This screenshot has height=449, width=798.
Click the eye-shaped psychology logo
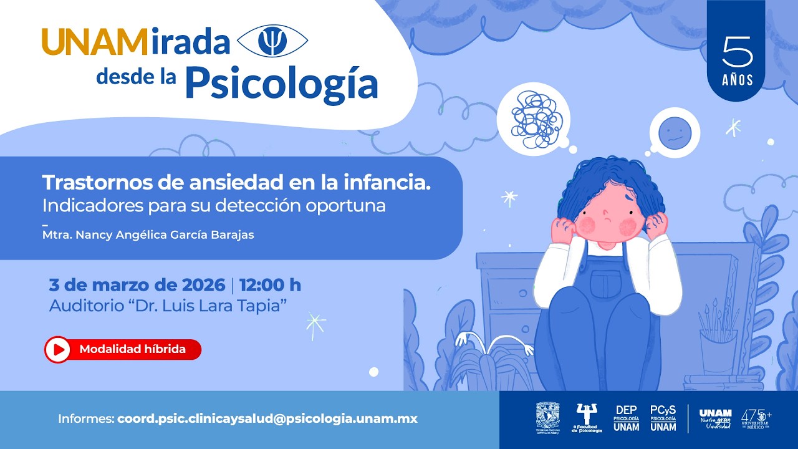[273, 42]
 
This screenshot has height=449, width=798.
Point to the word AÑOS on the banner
[738, 80]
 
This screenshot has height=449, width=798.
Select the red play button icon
[58, 350]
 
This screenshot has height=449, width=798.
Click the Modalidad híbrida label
[132, 349]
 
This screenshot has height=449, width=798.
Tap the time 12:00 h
[270, 285]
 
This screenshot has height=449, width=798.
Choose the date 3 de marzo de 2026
[137, 285]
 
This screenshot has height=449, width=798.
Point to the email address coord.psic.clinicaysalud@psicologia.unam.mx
[267, 419]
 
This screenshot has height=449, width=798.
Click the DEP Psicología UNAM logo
[626, 418]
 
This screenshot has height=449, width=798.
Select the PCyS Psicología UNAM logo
[663, 418]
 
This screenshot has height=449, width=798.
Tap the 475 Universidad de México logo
[756, 418]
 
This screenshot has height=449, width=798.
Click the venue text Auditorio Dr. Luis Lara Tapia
[168, 306]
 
